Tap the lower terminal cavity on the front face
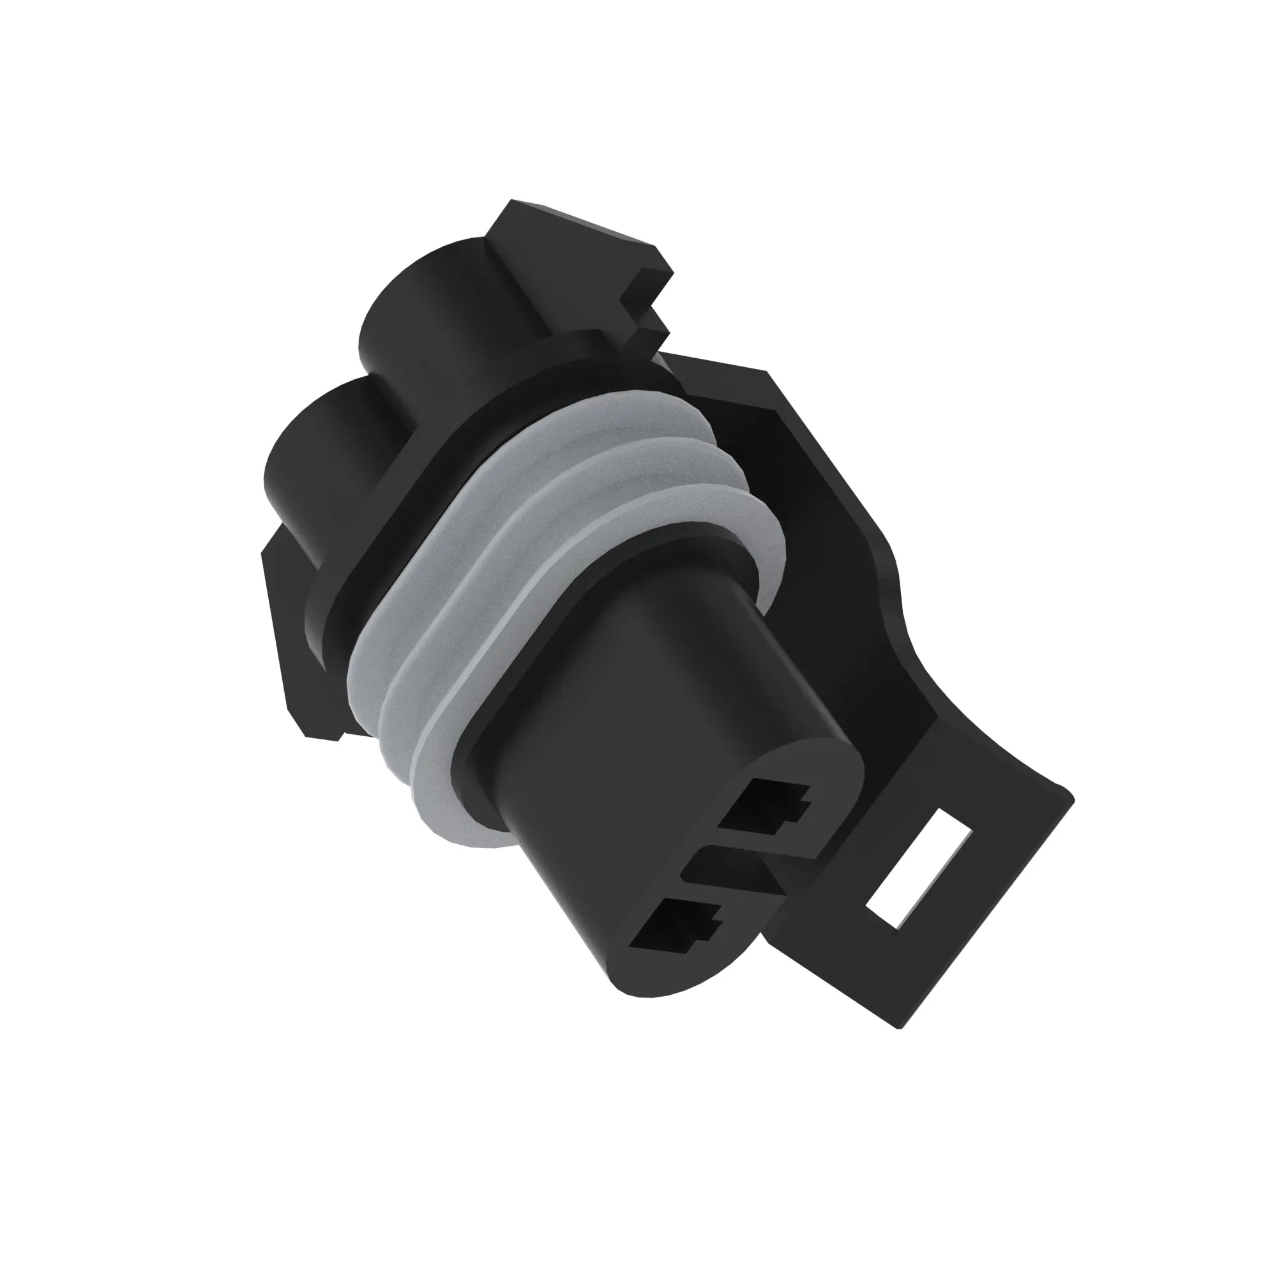pos(675,926)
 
